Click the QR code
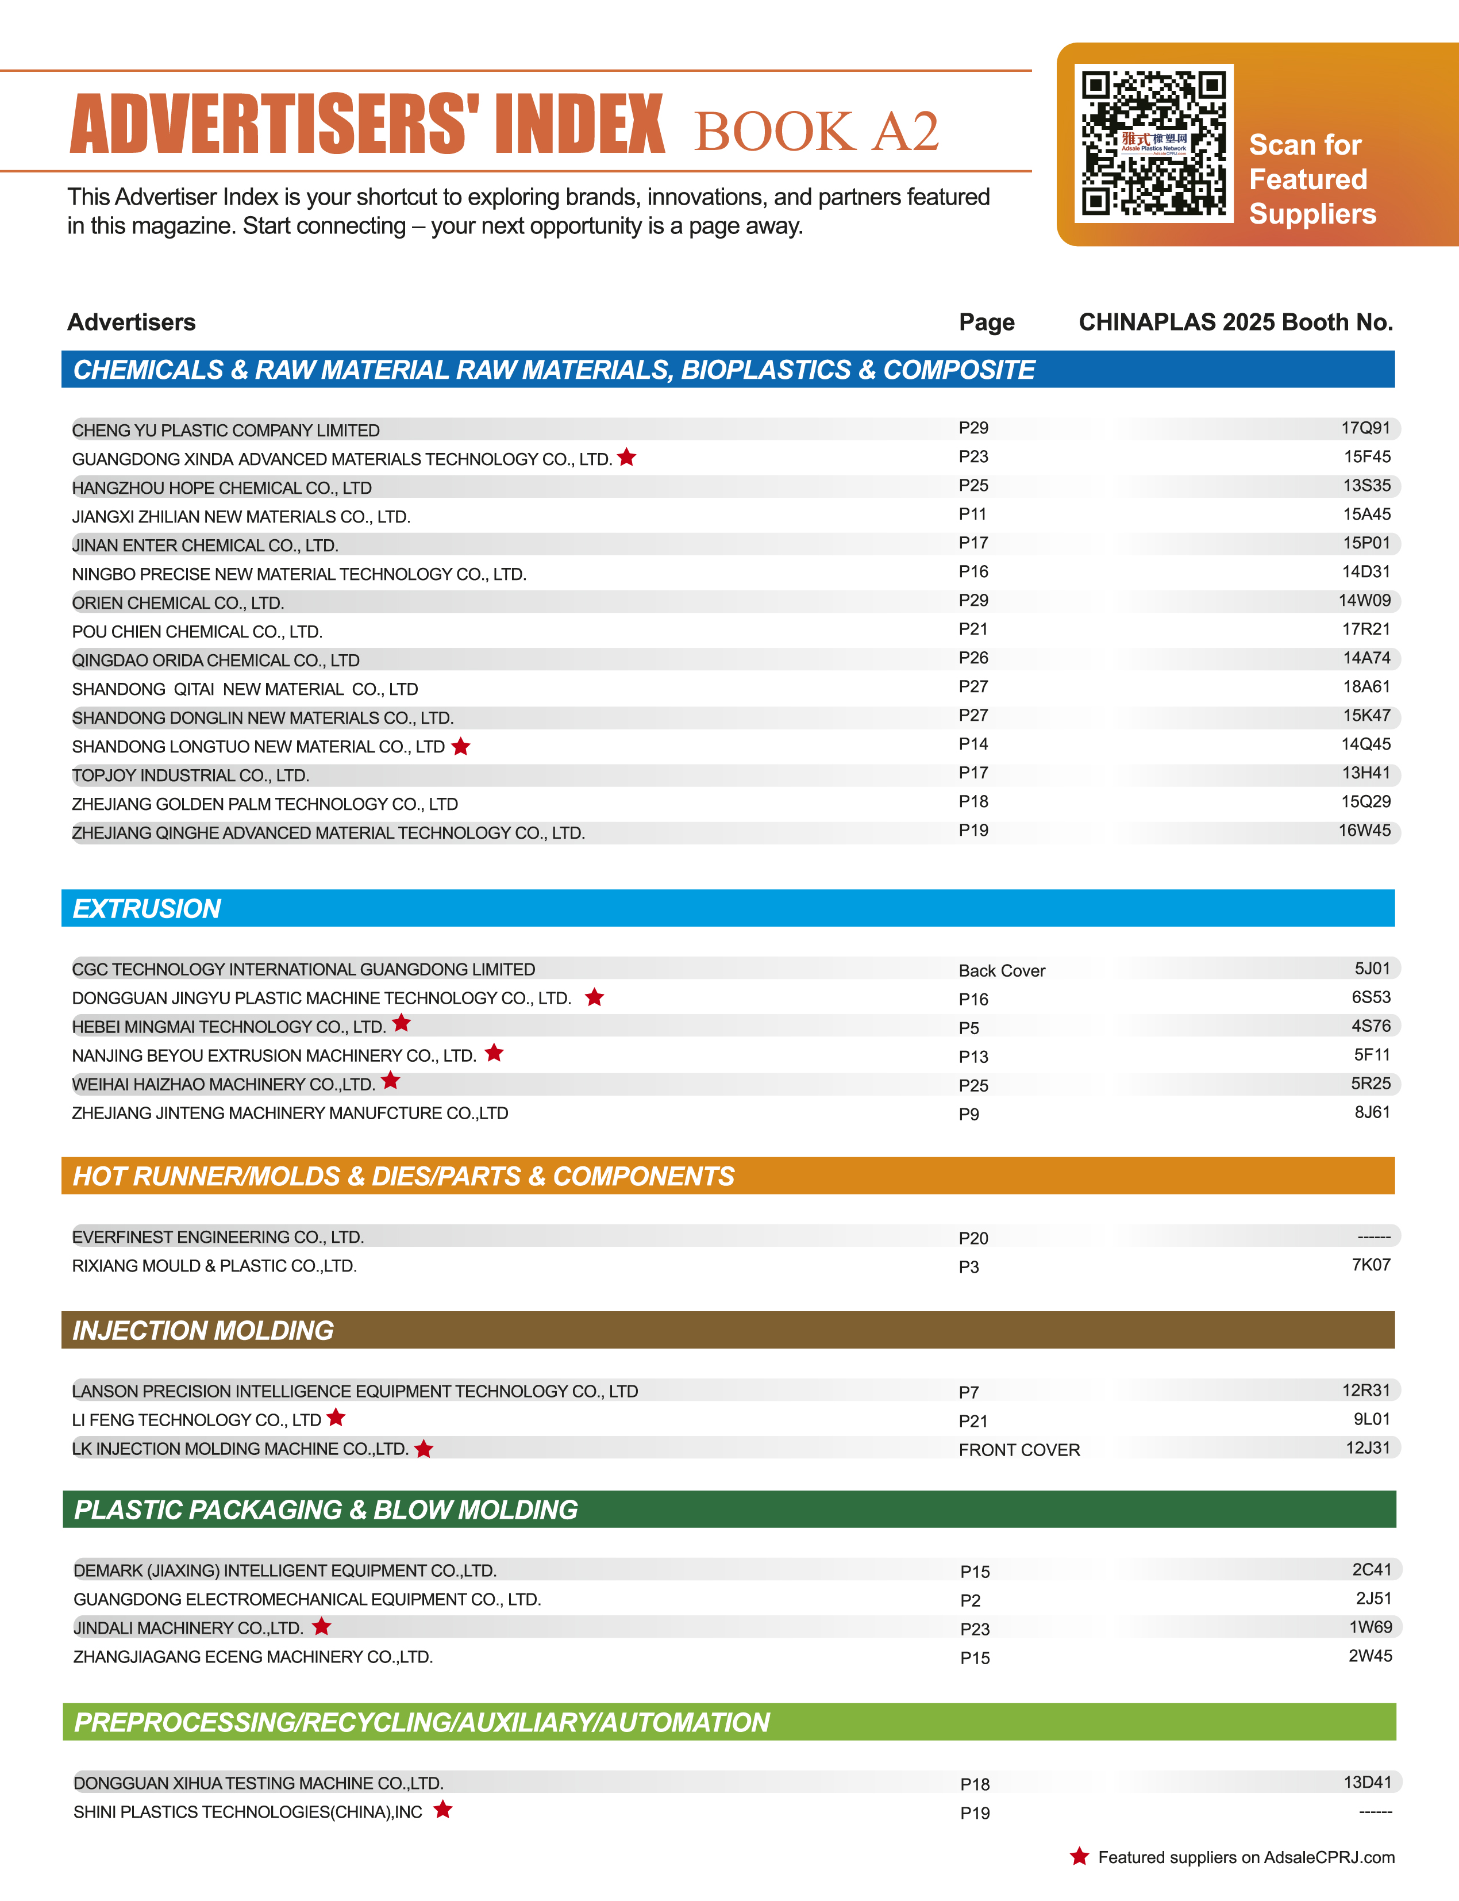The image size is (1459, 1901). [1153, 143]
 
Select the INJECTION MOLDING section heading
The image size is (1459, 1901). [203, 1330]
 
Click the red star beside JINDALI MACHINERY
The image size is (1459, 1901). [321, 1626]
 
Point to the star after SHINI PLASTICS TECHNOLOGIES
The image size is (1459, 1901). [443, 1809]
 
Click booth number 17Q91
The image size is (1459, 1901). [1365, 428]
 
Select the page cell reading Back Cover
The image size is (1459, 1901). [1002, 970]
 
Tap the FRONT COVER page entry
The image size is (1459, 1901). [1019, 1449]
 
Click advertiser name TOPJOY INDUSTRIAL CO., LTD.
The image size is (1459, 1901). [190, 775]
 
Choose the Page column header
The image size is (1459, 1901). [987, 322]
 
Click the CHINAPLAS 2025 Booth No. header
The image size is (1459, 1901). [1235, 322]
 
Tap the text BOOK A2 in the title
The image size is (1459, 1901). [817, 131]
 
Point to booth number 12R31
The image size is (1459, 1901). [1365, 1390]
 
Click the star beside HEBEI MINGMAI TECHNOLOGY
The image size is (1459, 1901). [401, 1023]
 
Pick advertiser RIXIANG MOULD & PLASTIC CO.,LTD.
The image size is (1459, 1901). [214, 1266]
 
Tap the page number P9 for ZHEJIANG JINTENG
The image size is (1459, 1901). [968, 1114]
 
